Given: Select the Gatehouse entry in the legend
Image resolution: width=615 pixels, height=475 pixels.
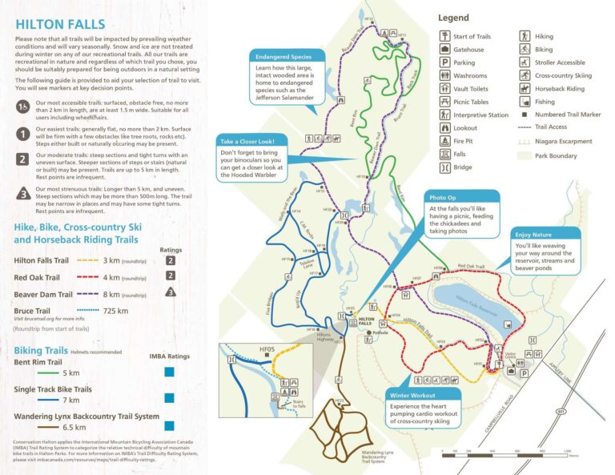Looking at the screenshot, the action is tap(468, 50).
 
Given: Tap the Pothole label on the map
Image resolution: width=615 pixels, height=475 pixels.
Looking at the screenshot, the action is tap(380, 332).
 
